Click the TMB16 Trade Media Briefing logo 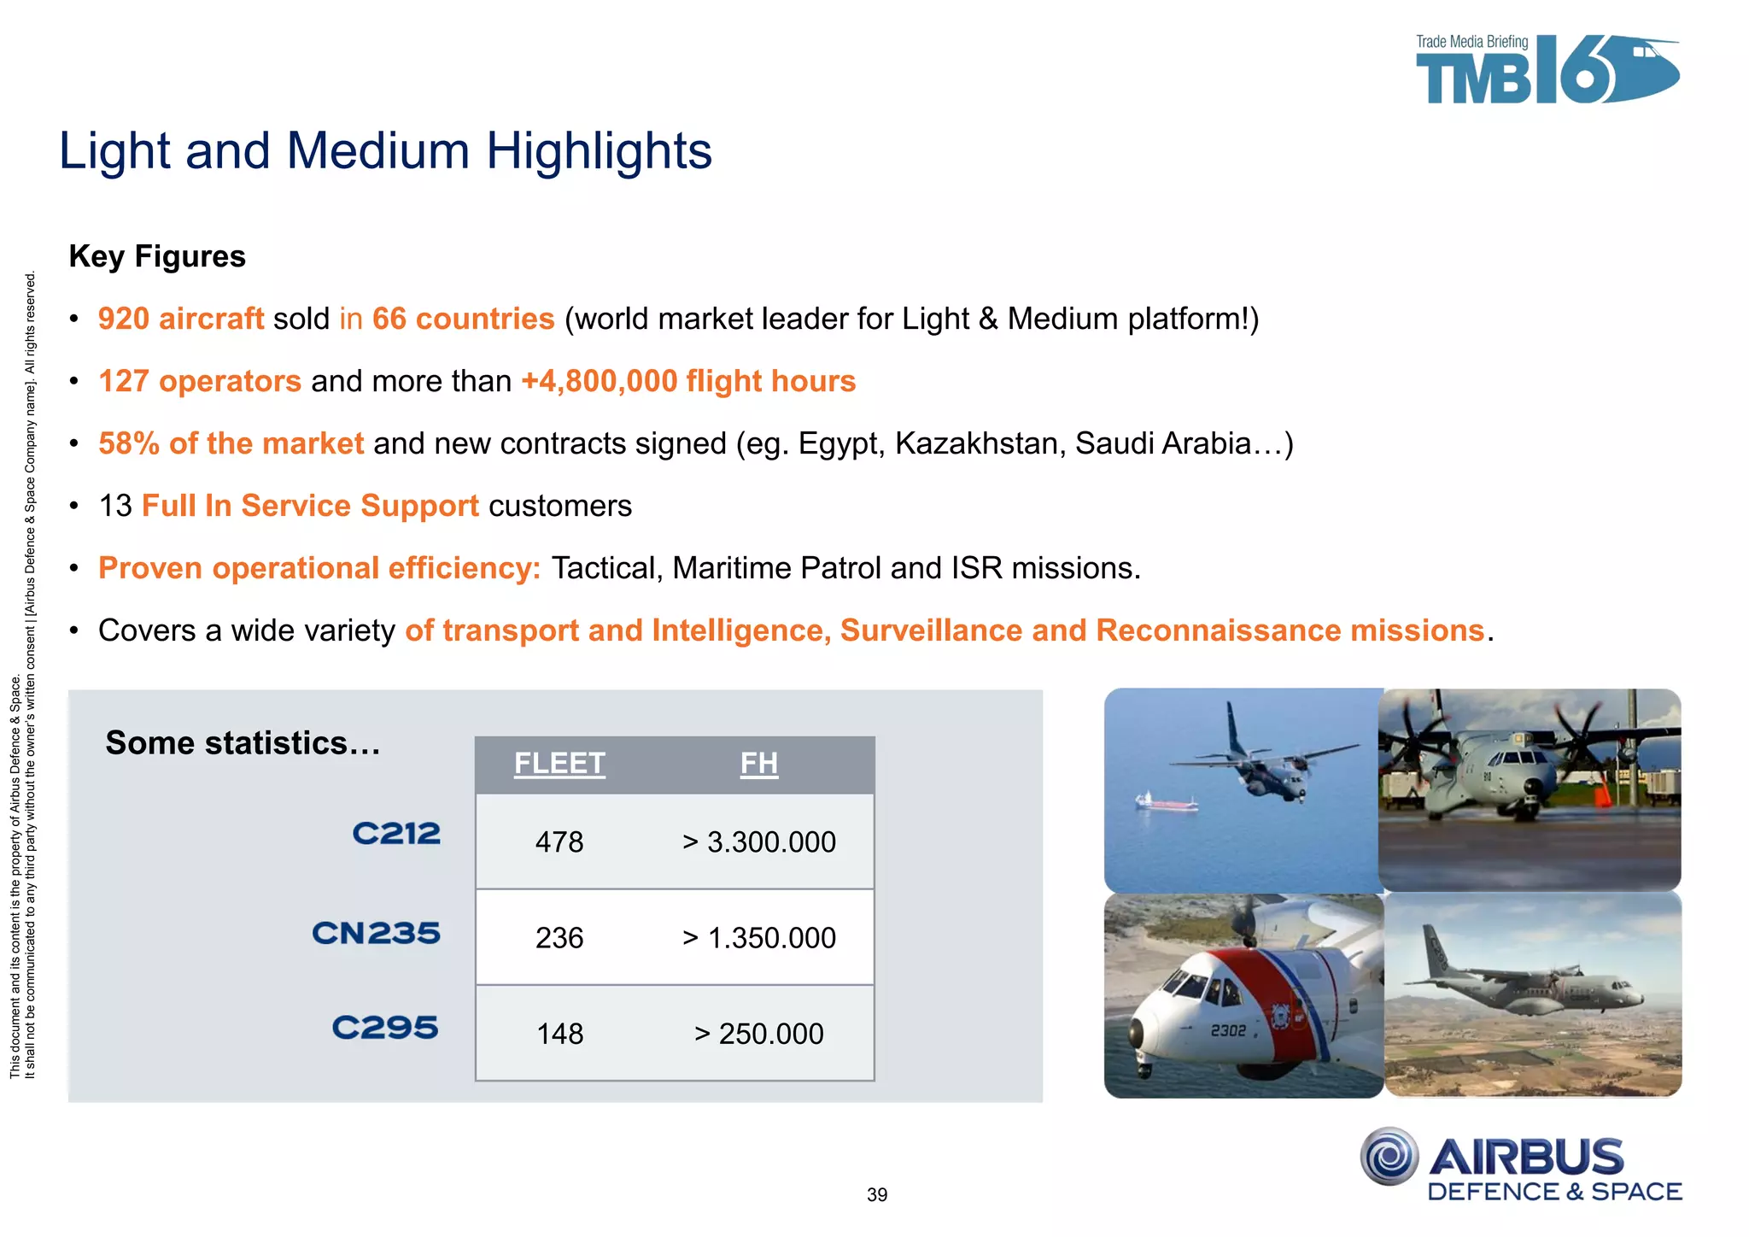(1546, 71)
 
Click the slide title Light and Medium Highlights (385, 151)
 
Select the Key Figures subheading (157, 256)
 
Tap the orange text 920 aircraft (180, 319)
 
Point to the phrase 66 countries (463, 319)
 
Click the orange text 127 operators (199, 381)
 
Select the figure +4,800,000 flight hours (688, 381)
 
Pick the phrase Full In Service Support (310, 506)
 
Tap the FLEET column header (559, 763)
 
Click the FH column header (758, 763)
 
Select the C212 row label (396, 833)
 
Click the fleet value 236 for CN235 (559, 938)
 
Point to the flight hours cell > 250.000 (758, 1034)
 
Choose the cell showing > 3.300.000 (758, 842)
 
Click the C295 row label (385, 1027)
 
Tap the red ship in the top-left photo (1166, 802)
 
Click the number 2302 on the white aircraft (1227, 1031)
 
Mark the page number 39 (877, 1195)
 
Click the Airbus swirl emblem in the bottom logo (1389, 1157)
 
